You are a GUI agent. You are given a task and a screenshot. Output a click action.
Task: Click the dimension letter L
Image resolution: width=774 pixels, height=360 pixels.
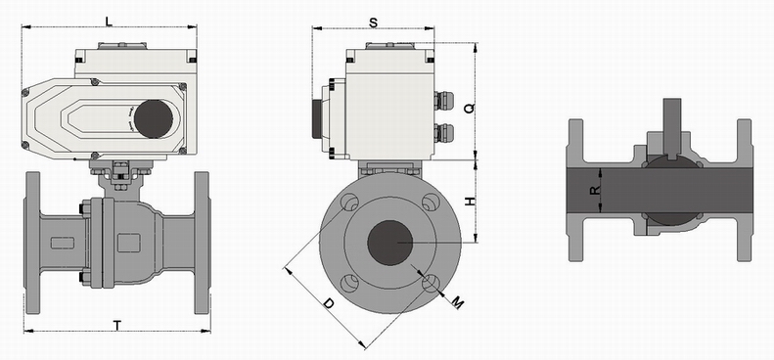pos(109,21)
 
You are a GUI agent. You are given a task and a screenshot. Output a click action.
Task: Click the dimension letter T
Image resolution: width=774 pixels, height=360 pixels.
pos(117,326)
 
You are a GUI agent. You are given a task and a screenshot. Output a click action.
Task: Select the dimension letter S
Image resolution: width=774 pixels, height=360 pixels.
pos(373,22)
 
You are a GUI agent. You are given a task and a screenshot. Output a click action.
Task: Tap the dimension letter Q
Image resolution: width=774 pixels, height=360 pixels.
pos(470,109)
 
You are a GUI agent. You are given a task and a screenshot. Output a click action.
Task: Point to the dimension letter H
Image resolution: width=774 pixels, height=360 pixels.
pos(471,202)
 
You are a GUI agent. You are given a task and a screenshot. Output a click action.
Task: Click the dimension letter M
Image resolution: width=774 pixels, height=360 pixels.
pos(458,301)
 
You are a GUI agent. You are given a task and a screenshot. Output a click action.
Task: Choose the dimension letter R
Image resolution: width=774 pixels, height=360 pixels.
pos(595,190)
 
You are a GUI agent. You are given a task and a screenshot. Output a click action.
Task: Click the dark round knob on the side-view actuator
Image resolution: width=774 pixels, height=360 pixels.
pos(154,119)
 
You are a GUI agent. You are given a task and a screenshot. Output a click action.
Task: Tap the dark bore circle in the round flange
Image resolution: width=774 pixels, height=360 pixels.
pos(390,243)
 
